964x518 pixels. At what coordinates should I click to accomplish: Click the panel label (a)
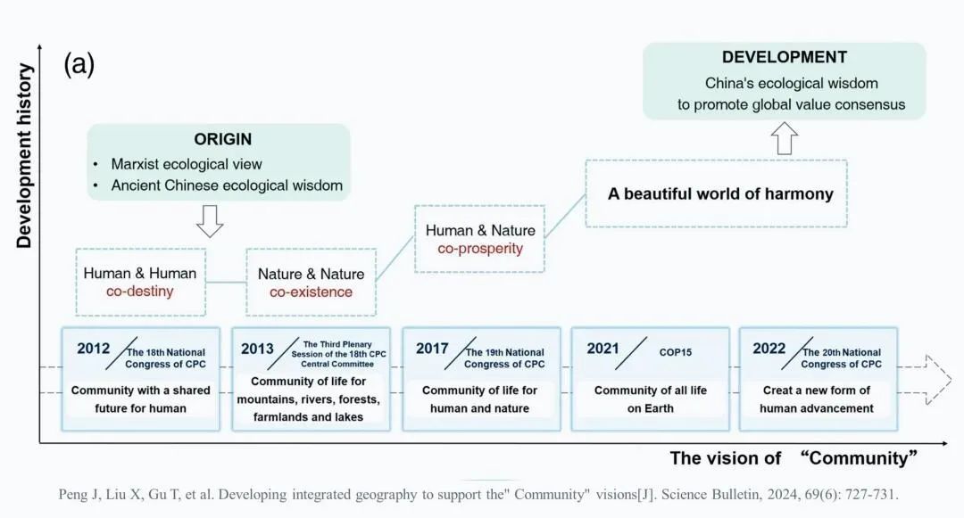[79, 64]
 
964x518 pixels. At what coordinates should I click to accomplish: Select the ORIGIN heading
[222, 139]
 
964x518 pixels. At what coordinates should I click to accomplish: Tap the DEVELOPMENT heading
[784, 57]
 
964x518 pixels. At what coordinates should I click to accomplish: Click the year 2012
[93, 349]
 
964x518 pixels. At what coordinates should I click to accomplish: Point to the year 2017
[432, 349]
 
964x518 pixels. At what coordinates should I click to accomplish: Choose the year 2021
[602, 349]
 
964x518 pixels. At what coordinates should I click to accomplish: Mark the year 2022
[769, 349]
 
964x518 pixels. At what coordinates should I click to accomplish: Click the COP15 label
[675, 352]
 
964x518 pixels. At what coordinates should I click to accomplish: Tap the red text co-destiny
[139, 291]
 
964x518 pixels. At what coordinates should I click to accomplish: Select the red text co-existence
[311, 292]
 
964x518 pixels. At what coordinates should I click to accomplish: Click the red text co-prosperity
[480, 248]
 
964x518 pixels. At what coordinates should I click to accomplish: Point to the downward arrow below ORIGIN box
[210, 221]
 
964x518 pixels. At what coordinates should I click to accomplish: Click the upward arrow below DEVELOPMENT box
[785, 138]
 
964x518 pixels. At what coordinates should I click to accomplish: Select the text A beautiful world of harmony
[720, 193]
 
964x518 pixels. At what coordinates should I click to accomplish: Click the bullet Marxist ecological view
[186, 164]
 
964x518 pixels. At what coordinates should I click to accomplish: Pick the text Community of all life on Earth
[650, 399]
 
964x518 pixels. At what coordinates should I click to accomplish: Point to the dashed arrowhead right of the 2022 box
[938, 379]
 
